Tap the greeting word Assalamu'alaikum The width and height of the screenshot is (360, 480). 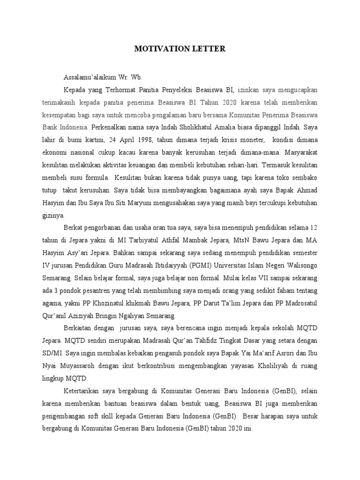coord(90,77)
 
